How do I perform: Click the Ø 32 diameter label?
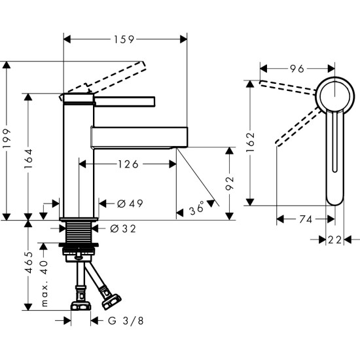click(124, 228)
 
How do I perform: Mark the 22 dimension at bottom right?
click(335, 240)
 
